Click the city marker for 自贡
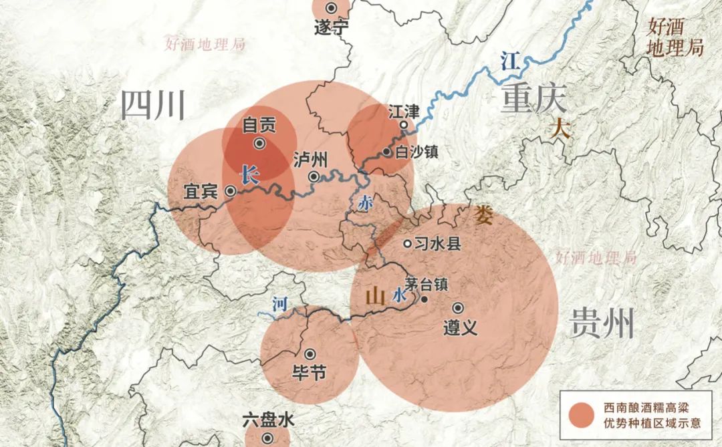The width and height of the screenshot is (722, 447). click(x=260, y=143)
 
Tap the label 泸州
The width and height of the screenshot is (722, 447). click(x=310, y=160)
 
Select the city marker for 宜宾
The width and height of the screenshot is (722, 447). click(x=231, y=191)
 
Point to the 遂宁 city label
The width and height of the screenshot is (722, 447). click(x=332, y=27)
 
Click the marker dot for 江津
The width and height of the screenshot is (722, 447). click(x=404, y=125)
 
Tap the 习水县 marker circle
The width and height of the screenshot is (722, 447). click(x=407, y=244)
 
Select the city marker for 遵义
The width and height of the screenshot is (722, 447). click(x=458, y=308)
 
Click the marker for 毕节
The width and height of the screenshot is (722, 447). click(x=310, y=354)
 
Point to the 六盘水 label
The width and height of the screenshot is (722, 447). click(x=267, y=420)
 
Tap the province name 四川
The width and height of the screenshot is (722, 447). click(x=152, y=106)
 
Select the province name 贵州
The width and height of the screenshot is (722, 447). click(x=602, y=325)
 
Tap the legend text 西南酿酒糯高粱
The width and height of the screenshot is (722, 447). click(x=646, y=407)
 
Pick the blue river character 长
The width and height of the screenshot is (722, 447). click(x=249, y=175)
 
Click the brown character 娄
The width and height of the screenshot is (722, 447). click(x=483, y=214)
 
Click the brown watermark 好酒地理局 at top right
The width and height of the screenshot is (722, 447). click(x=675, y=37)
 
